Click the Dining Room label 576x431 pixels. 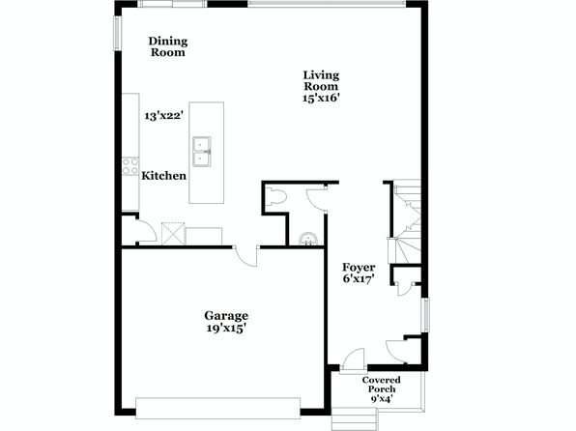point(168,46)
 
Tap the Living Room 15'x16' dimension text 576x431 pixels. point(321,99)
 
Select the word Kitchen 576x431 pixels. point(164,176)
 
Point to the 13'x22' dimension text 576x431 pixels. point(164,116)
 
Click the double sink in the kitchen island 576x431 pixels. point(202,152)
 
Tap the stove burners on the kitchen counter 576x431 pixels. point(130,166)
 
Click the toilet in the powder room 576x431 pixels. point(275,196)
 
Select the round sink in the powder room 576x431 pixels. point(308,239)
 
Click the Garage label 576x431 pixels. point(226,316)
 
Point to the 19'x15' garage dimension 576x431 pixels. point(226,329)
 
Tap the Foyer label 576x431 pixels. point(359,268)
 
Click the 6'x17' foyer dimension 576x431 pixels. point(359,279)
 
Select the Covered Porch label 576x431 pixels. point(382,385)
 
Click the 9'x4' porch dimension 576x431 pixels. point(382,398)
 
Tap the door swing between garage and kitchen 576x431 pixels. point(246,257)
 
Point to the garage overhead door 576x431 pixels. point(217,408)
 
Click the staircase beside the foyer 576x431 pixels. point(406,221)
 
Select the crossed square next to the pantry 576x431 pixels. point(173,234)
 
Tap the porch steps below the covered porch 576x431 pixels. point(355,418)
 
